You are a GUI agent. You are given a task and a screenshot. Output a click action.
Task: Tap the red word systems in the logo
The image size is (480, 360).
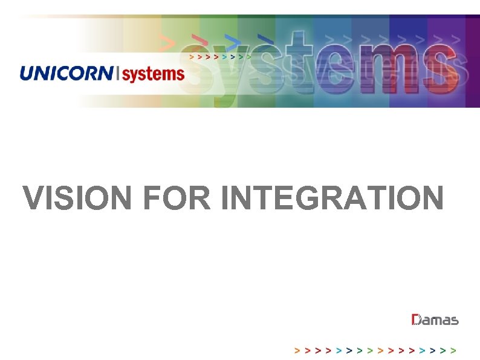tap(154, 74)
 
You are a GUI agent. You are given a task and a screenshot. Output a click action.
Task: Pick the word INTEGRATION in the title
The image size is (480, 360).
tap(331, 198)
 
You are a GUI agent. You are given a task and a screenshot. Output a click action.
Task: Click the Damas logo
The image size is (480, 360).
tap(435, 320)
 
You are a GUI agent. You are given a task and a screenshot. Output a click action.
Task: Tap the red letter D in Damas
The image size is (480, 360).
tap(417, 320)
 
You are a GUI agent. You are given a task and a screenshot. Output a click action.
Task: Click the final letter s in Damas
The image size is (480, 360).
tap(455, 321)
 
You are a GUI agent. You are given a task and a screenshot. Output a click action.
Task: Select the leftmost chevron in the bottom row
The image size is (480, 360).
tap(296, 350)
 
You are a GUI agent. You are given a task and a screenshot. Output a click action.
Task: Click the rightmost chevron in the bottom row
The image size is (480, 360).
tap(453, 350)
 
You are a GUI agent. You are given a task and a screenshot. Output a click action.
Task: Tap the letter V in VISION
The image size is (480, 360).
tap(33, 198)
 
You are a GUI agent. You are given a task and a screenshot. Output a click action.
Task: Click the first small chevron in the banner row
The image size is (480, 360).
tap(192, 56)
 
